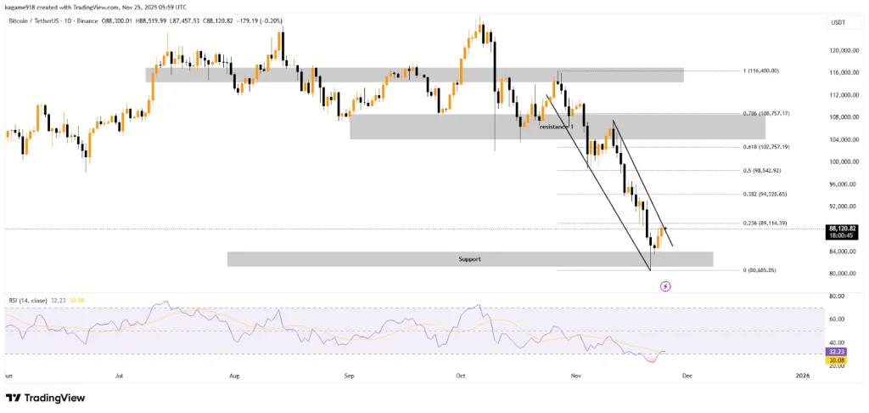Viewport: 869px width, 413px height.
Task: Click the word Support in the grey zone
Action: (469, 258)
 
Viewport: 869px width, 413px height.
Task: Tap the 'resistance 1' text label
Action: (557, 127)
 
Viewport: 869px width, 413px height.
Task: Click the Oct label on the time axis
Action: (461, 374)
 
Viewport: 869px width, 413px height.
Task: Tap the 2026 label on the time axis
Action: (803, 374)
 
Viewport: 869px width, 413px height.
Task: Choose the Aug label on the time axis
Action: (234, 374)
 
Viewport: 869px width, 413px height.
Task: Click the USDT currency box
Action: (838, 23)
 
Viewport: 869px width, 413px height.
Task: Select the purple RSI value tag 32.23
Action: (837, 350)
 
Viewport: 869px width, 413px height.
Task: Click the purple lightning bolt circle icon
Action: (665, 286)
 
